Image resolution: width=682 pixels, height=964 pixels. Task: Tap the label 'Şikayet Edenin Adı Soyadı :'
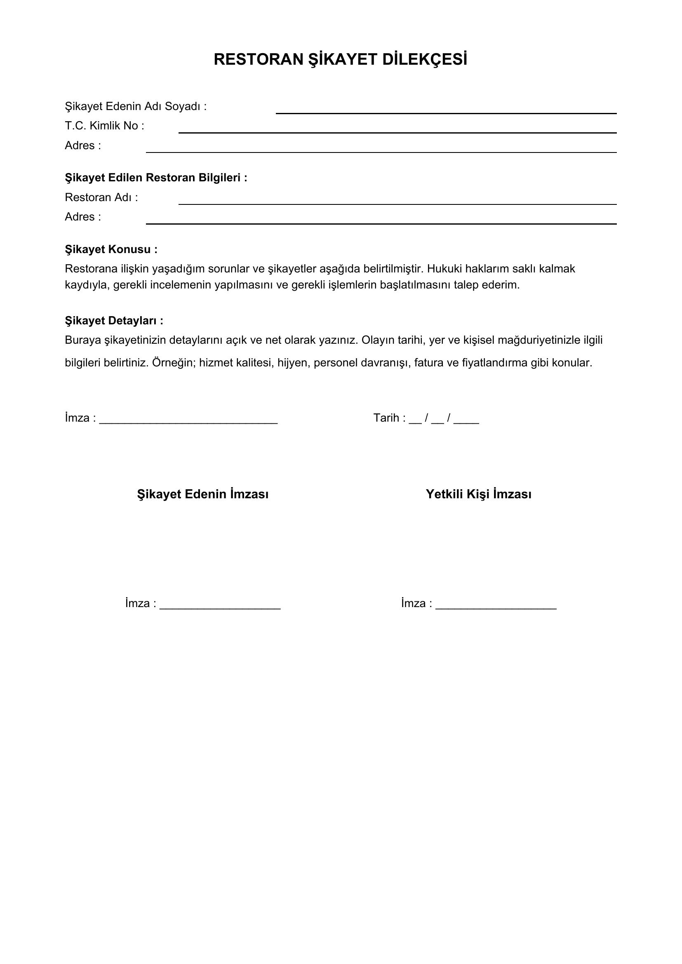point(136,107)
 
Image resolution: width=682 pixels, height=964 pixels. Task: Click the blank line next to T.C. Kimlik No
point(397,132)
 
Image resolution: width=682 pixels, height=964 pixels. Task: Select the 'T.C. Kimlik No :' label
point(105,126)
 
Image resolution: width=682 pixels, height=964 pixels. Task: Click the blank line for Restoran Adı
point(397,204)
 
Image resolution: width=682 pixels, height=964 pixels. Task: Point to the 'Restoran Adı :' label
point(101,197)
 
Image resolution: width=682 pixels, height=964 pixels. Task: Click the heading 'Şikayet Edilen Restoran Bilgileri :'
point(156,178)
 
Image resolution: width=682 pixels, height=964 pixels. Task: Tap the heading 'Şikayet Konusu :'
point(111,249)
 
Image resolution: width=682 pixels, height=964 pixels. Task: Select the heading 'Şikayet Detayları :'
point(114,321)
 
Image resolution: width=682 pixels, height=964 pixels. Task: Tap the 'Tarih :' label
point(390,418)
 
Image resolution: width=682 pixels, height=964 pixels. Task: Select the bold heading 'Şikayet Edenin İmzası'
point(203,494)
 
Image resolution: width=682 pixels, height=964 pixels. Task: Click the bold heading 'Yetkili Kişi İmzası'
point(479,494)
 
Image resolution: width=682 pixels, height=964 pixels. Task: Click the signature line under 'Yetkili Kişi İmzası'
point(496,608)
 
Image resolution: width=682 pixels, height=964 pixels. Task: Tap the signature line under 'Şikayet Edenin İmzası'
point(220,608)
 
